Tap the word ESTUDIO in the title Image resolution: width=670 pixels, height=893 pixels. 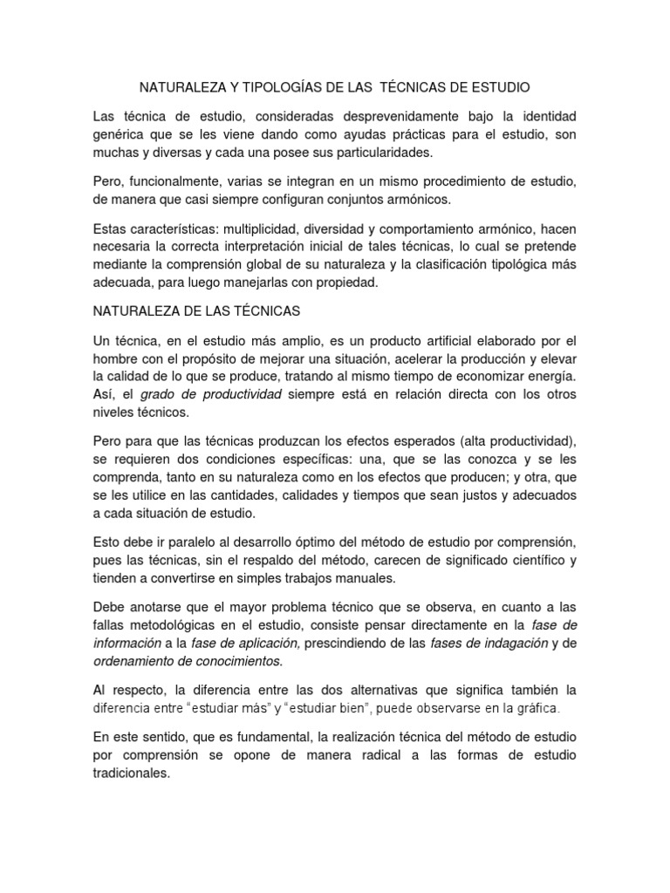[x=499, y=88]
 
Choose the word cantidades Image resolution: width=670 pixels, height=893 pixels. [x=245, y=494]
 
